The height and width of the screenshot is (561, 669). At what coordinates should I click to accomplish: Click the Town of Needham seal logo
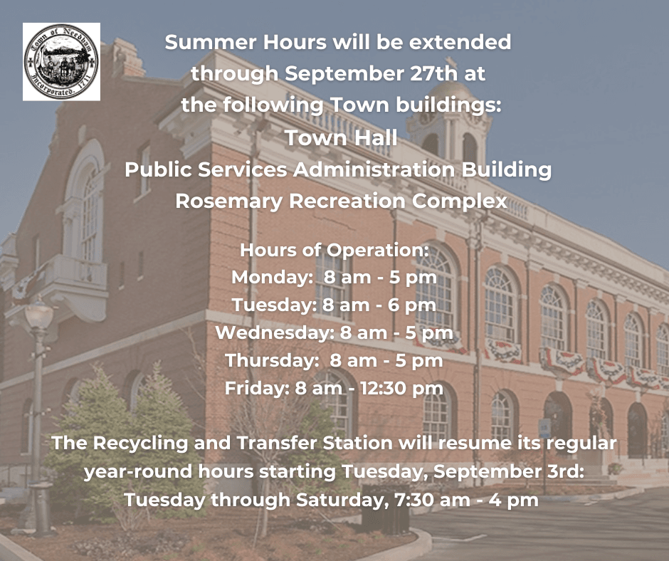(x=61, y=62)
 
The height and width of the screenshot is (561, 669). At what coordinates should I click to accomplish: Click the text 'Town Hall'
(x=341, y=138)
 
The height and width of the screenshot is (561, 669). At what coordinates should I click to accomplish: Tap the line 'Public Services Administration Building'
(x=338, y=170)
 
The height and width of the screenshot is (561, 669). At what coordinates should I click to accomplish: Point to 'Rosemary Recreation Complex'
(x=341, y=201)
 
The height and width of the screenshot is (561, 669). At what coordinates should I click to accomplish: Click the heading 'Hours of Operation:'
(x=334, y=251)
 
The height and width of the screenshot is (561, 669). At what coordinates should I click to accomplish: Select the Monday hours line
(x=334, y=278)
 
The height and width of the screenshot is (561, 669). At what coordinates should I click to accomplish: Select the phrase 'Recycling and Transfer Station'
(x=240, y=443)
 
